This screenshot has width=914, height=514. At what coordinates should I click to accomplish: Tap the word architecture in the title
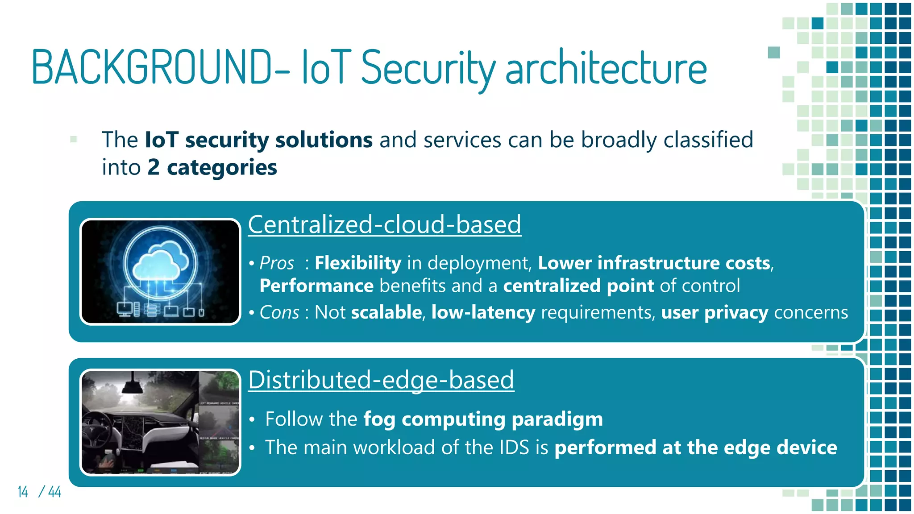tap(606, 68)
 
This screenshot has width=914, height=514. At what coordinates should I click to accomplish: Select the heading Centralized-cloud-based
tap(384, 224)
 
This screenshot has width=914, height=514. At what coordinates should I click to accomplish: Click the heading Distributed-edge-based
tap(381, 380)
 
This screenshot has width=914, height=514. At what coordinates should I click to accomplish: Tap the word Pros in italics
tap(277, 263)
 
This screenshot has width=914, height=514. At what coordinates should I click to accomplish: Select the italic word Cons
tap(279, 312)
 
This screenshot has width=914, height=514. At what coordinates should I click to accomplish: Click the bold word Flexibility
tap(358, 263)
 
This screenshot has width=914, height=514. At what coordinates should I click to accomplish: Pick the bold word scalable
tap(386, 312)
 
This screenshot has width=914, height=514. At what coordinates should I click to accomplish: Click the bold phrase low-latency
tap(483, 312)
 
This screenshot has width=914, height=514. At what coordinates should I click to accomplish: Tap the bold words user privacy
tap(715, 312)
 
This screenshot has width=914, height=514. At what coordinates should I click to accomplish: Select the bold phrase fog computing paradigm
tap(483, 419)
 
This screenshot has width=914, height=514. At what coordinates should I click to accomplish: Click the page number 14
tap(23, 492)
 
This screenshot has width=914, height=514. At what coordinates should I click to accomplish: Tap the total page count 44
tap(54, 492)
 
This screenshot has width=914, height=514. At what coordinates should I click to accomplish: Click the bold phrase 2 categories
tap(212, 167)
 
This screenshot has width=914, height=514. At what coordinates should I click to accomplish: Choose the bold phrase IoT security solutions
tap(259, 140)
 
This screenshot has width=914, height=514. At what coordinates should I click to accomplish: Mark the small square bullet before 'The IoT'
tap(74, 139)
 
